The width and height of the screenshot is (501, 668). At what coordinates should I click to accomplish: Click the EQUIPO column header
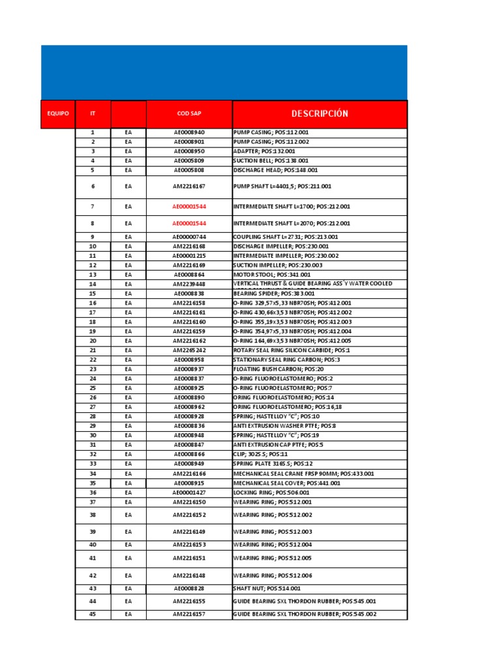[58, 114]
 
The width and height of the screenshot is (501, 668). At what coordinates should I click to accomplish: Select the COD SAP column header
[189, 114]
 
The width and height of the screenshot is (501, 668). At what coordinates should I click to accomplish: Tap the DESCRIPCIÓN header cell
[320, 114]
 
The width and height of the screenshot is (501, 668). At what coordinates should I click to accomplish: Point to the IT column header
[93, 114]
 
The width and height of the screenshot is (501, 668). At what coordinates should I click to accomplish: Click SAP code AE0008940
[189, 132]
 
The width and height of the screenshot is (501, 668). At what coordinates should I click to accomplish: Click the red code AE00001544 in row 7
[189, 207]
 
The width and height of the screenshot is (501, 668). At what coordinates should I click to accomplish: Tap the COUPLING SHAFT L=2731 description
[285, 237]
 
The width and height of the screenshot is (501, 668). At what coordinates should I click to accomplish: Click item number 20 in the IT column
[93, 341]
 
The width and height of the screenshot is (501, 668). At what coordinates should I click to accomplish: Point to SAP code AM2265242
[189, 350]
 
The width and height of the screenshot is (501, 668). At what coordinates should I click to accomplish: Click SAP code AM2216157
[189, 615]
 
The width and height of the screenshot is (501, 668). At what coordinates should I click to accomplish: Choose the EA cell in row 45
[129, 615]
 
